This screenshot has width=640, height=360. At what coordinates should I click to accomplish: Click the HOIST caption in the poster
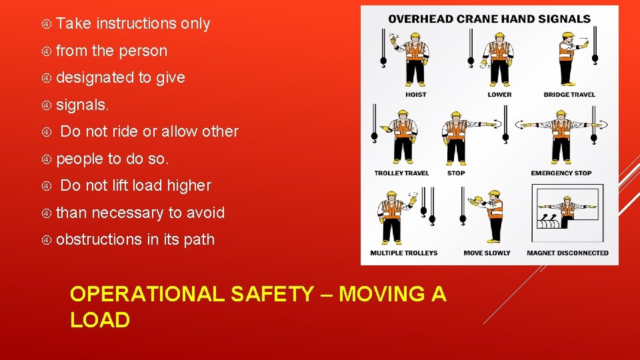pyautogui.click(x=416, y=95)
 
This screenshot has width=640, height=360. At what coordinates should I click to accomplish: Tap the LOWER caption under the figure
pyautogui.click(x=499, y=95)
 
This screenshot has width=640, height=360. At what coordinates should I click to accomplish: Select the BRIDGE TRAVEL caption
pyautogui.click(x=569, y=95)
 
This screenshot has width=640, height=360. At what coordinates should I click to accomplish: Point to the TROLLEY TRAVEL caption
pyautogui.click(x=402, y=173)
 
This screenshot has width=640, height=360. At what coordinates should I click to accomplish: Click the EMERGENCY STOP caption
pyautogui.click(x=561, y=173)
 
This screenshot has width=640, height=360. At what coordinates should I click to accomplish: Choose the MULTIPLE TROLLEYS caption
pyautogui.click(x=404, y=253)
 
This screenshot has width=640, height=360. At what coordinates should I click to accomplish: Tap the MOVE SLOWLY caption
pyautogui.click(x=487, y=253)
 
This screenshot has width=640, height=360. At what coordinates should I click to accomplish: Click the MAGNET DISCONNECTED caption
pyautogui.click(x=567, y=253)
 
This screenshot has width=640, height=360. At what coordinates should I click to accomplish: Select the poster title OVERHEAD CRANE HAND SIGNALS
pyautogui.click(x=489, y=19)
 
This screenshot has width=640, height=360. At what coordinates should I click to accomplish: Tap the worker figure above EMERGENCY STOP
pyautogui.click(x=562, y=137)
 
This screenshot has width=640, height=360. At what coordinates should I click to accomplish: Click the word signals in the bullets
pyautogui.click(x=83, y=105)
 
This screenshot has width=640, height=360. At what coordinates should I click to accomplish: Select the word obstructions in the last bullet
pyautogui.click(x=99, y=239)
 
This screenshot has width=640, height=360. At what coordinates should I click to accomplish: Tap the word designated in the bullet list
pyautogui.click(x=95, y=77)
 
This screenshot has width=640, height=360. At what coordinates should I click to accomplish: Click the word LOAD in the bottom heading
pyautogui.click(x=100, y=320)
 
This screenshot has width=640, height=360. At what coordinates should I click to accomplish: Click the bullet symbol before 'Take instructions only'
pyautogui.click(x=47, y=24)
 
